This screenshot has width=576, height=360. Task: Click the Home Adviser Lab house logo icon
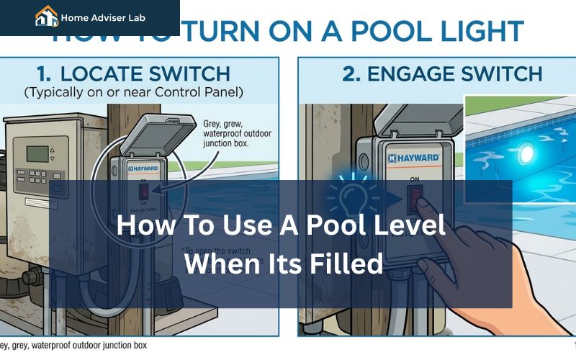[47, 16]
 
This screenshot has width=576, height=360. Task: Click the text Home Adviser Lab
[103, 17]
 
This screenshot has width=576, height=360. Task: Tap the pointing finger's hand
[468, 266]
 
